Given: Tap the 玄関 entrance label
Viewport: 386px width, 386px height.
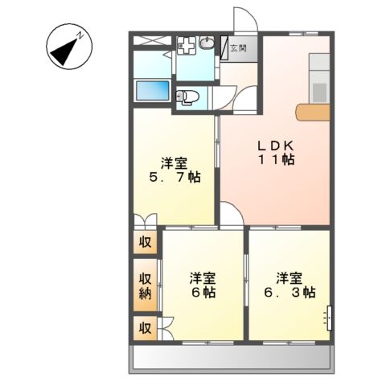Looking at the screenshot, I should (239, 47).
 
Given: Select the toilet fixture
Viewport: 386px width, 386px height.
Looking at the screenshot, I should (187, 96).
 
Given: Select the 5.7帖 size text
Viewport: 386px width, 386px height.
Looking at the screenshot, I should (174, 177).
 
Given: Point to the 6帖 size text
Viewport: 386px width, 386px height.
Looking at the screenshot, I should (202, 294).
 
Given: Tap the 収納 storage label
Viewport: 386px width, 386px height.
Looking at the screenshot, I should (146, 285).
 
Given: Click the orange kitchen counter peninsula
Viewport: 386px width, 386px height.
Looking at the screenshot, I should (312, 113).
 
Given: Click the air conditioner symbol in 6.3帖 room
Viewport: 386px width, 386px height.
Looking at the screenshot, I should (329, 318).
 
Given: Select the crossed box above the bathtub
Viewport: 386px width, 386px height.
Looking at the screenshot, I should (150, 39).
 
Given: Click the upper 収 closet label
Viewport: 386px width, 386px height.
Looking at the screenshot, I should (146, 241).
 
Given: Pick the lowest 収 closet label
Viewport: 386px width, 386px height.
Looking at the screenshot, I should (146, 327).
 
